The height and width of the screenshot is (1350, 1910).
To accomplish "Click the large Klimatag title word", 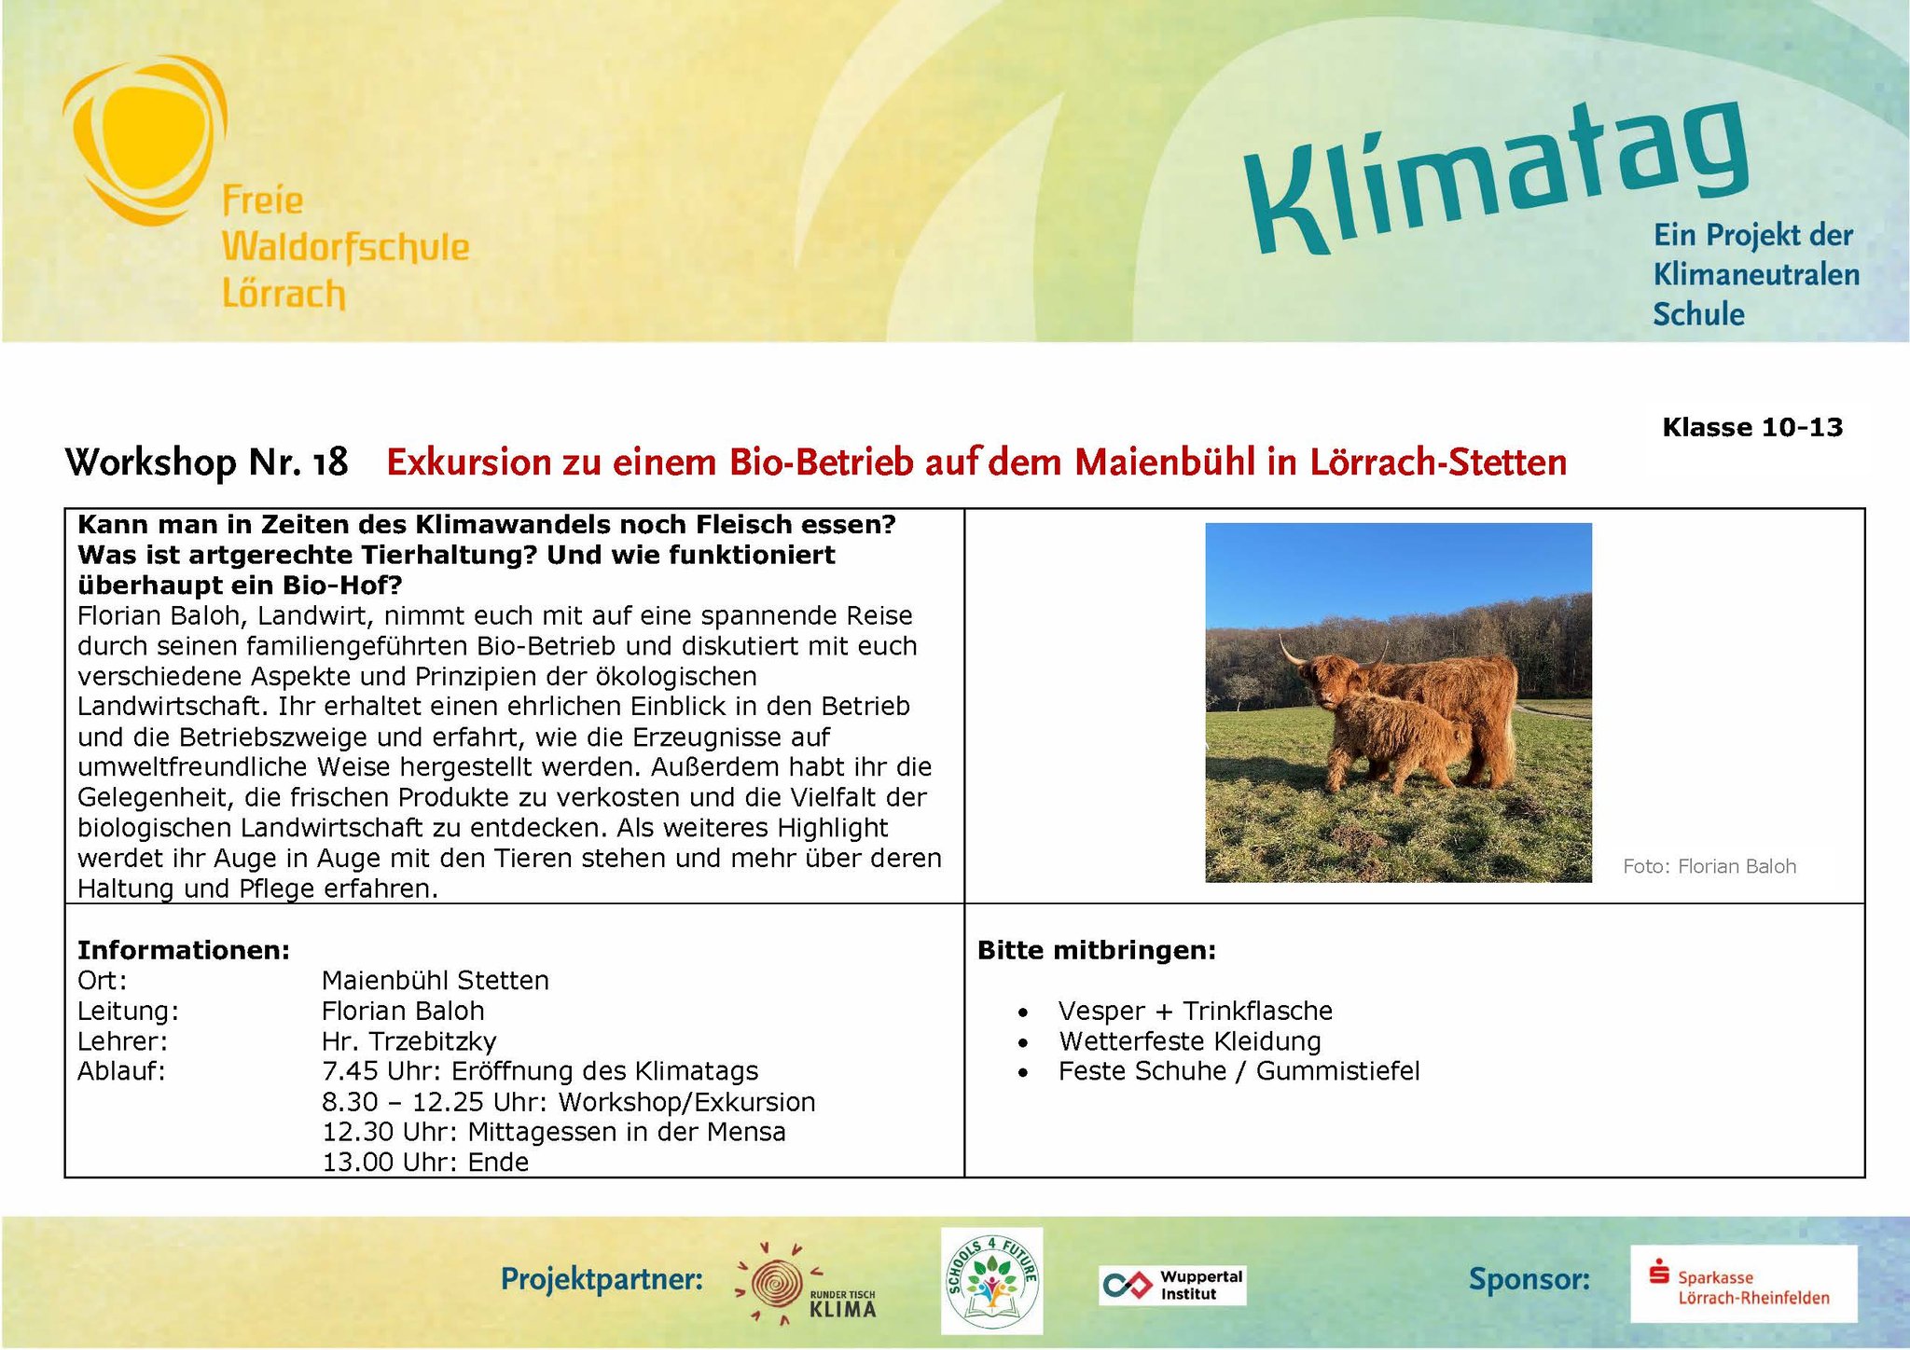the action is (x=1497, y=177).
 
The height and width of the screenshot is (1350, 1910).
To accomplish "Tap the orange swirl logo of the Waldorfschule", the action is (x=145, y=140).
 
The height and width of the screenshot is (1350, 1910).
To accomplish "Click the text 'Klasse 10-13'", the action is (x=1752, y=427).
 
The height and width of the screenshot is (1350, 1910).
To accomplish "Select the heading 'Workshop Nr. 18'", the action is (x=206, y=462).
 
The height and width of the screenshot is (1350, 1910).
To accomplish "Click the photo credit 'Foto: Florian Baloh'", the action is (x=1709, y=866).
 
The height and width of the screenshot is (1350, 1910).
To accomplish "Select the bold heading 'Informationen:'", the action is (x=184, y=950).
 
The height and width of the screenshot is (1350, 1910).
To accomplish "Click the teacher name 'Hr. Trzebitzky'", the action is (x=408, y=1041).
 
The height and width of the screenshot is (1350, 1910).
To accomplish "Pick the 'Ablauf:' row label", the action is (x=121, y=1071).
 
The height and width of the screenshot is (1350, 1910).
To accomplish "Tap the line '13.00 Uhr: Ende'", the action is (x=425, y=1163).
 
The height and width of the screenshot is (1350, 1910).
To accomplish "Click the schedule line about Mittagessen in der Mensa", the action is (x=554, y=1132).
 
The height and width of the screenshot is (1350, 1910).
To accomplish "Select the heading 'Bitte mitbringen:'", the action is (x=1097, y=951).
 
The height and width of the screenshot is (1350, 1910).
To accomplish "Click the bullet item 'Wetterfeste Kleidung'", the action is (x=1189, y=1041).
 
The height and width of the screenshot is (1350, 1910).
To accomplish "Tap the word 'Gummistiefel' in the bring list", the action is (x=1337, y=1071).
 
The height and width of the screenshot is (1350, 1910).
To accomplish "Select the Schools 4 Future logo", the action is (x=991, y=1278).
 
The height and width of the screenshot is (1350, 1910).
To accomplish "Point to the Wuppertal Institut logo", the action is (x=1171, y=1286).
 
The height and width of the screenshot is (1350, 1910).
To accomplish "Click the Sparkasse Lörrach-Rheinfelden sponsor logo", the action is (x=1743, y=1284).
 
